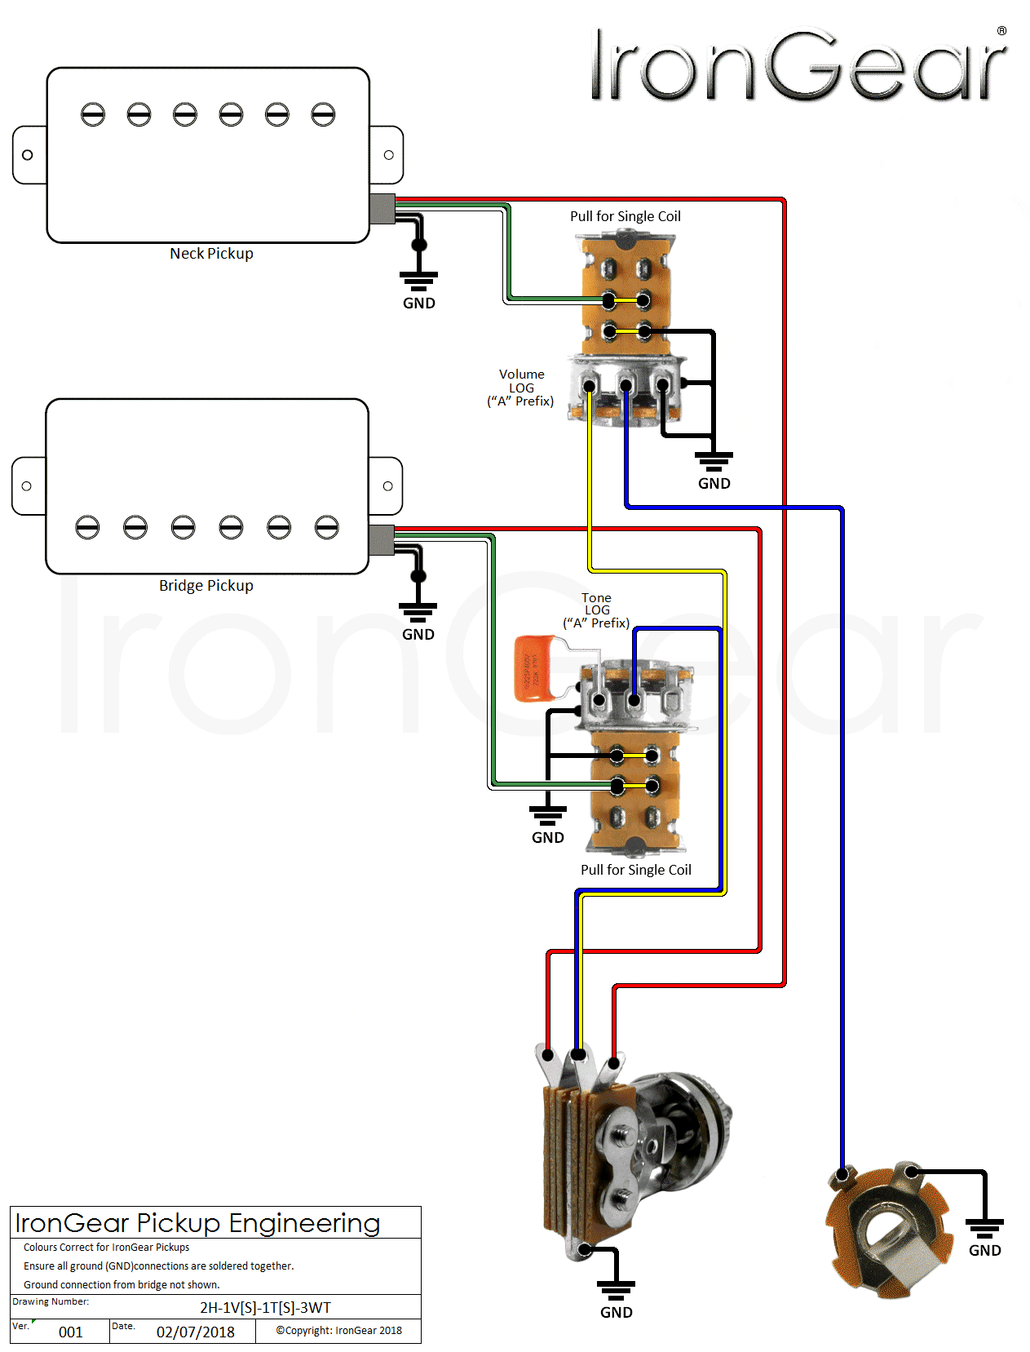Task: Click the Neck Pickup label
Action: point(211,254)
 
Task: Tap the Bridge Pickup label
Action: point(206,586)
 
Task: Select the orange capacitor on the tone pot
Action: point(535,669)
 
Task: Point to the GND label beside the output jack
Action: point(984,1250)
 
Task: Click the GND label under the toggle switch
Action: point(616,1312)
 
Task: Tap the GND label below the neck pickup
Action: point(418,303)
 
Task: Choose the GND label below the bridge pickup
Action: point(418,634)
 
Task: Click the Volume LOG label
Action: point(521,388)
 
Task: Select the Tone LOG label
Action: point(596,610)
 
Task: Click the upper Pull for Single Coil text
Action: point(625,216)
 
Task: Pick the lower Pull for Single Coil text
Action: point(635,870)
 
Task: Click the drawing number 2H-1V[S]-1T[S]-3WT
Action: point(265,1307)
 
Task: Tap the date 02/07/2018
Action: point(195,1332)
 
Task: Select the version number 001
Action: point(70,1332)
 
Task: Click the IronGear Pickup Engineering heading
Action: point(197,1223)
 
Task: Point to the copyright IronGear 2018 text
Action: point(338,1330)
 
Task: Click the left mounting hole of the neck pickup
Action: point(28,155)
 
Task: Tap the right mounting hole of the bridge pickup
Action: point(387,486)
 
